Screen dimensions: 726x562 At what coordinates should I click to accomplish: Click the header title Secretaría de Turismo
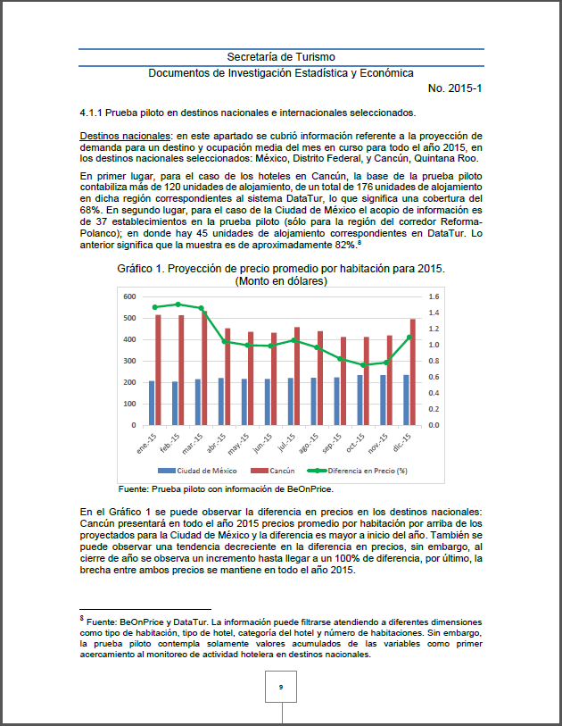[281, 56]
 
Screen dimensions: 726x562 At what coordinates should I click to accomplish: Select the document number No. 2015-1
[455, 88]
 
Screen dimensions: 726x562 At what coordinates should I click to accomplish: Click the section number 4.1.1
[94, 113]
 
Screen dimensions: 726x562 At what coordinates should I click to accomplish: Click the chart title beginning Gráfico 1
[281, 268]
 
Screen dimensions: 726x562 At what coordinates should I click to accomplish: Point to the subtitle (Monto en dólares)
[281, 280]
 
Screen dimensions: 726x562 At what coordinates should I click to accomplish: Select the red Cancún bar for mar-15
[204, 368]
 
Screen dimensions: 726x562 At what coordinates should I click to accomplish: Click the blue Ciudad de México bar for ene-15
[152, 403]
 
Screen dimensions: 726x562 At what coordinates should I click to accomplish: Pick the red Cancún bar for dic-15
[413, 371]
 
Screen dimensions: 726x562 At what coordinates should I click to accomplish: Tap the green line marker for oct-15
[362, 364]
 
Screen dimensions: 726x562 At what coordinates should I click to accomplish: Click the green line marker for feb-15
[178, 305]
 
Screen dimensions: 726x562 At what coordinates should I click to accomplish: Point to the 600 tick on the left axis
[129, 296]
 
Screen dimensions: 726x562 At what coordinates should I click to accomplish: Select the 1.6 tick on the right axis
[434, 296]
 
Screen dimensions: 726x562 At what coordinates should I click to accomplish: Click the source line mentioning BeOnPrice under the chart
[232, 488]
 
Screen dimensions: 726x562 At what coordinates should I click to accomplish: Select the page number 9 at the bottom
[281, 687]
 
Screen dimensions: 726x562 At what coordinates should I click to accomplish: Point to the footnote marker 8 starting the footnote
[81, 617]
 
